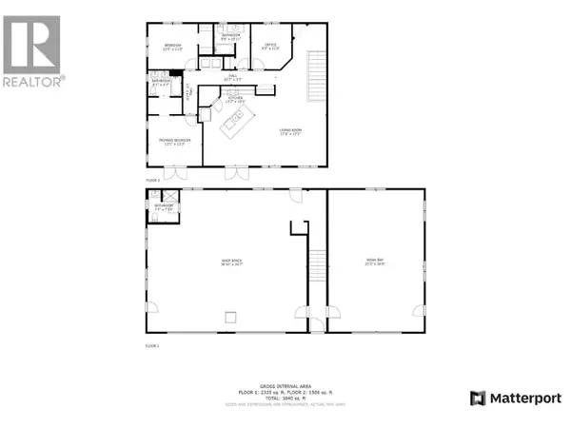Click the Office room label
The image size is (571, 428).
point(270,44)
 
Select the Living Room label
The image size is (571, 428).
point(290,131)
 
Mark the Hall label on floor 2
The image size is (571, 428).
point(231,76)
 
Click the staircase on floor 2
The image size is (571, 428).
point(311,76)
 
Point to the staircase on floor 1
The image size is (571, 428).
point(318,276)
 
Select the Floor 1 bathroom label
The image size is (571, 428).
point(164,205)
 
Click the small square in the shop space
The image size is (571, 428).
point(229,315)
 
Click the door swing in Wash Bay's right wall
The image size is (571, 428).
point(416,312)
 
